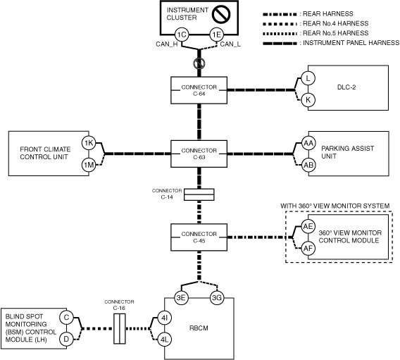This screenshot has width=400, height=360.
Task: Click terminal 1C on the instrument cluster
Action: pyautogui.click(x=182, y=35)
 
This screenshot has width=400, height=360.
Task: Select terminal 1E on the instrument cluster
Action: pyautogui.click(x=217, y=35)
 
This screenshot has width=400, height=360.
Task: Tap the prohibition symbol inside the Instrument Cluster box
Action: pyautogui.click(x=221, y=14)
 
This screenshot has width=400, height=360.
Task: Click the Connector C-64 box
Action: pyautogui.click(x=199, y=90)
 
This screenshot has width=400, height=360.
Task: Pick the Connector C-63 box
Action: pyautogui.click(x=199, y=154)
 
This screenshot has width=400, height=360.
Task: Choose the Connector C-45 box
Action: pyautogui.click(x=199, y=237)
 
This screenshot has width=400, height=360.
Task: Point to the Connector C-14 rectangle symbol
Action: pyautogui.click(x=199, y=194)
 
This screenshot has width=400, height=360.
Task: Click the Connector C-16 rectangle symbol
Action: pyautogui.click(x=120, y=328)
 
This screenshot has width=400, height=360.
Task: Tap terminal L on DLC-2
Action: pyautogui.click(x=308, y=78)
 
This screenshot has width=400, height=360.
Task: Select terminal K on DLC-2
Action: pyautogui.click(x=308, y=100)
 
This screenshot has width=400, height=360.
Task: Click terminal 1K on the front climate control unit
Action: pyautogui.click(x=89, y=143)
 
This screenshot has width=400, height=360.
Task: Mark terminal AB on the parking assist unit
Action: pyautogui.click(x=308, y=165)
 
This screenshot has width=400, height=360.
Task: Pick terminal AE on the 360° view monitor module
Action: pyautogui.click(x=308, y=226)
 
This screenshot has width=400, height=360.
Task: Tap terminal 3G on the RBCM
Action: pyautogui.click(x=217, y=297)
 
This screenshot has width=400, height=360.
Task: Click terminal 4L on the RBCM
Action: pyautogui.click(x=165, y=340)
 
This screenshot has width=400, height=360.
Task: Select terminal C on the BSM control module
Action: pyautogui.click(x=66, y=318)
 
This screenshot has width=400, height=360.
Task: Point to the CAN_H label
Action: pyautogui.click(x=167, y=44)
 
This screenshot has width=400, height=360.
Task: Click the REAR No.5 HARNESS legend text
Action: pyautogui.click(x=335, y=33)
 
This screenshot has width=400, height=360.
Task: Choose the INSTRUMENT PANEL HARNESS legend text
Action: pyautogui.click(x=351, y=43)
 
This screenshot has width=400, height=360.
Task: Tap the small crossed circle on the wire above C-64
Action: pyautogui.click(x=199, y=63)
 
